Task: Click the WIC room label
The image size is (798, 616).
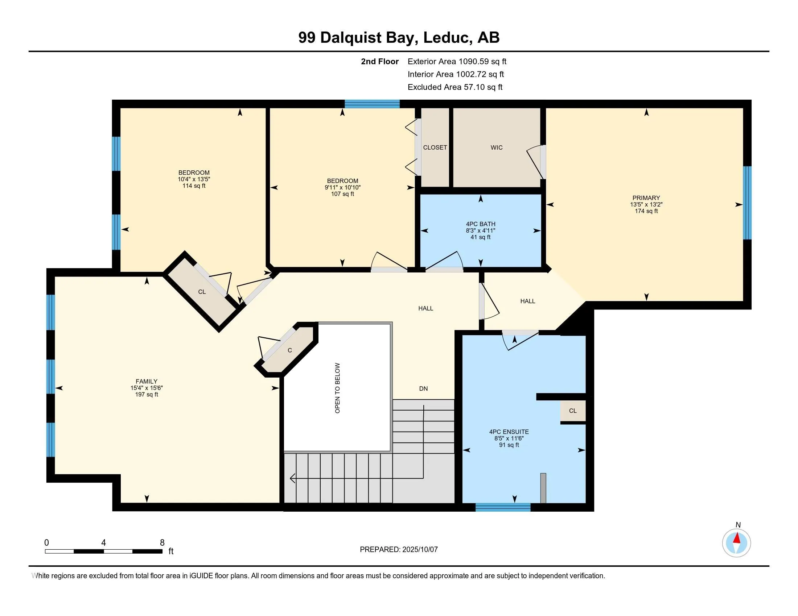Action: click(496, 147)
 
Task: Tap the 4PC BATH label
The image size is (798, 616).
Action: click(480, 224)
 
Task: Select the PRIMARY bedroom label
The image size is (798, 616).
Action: click(646, 198)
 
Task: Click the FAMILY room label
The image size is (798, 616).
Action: click(147, 381)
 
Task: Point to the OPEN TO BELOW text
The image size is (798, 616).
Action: click(337, 388)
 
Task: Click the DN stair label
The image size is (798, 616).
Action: click(423, 389)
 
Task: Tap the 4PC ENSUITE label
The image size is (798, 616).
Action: click(509, 432)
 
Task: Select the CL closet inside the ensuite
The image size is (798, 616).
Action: click(572, 411)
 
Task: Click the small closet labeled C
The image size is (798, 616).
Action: click(289, 350)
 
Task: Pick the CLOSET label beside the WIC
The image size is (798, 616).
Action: click(435, 147)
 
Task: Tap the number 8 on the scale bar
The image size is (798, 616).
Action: click(162, 543)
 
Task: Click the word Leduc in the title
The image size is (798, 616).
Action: click(446, 38)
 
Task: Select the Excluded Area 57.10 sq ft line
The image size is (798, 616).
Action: click(455, 87)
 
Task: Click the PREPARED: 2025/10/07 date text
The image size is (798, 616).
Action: click(399, 549)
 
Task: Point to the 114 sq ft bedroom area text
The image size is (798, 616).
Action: click(194, 186)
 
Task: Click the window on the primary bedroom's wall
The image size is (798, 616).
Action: click(747, 203)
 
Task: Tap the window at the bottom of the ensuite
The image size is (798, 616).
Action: click(503, 507)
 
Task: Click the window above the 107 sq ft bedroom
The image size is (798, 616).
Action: click(372, 104)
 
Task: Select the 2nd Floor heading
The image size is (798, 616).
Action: click(379, 62)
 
